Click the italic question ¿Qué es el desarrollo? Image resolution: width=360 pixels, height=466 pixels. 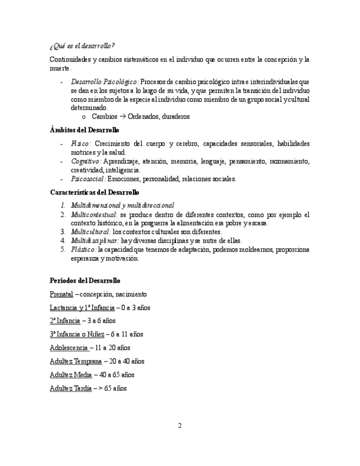click(x=82, y=45)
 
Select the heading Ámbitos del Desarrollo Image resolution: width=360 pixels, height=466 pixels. click(x=84, y=130)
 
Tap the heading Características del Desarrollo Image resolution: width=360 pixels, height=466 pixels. click(x=94, y=192)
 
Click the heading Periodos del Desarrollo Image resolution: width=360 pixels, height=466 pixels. click(x=85, y=280)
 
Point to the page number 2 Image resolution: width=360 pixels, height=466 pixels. click(x=179, y=425)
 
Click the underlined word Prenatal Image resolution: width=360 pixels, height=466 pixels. click(x=61, y=294)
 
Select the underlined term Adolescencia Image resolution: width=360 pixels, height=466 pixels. click(x=69, y=348)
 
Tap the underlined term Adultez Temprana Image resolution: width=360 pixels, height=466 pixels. click(x=76, y=361)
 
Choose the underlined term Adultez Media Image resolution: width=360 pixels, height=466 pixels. click(x=71, y=375)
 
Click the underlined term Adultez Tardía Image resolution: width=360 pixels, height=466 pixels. click(x=71, y=388)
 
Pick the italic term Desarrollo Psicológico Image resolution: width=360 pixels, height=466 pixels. click(x=104, y=81)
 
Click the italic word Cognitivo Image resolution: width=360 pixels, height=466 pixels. click(x=85, y=161)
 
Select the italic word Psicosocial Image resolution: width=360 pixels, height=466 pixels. click(x=88, y=179)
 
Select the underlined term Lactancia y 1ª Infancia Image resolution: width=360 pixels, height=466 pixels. click(x=82, y=308)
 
